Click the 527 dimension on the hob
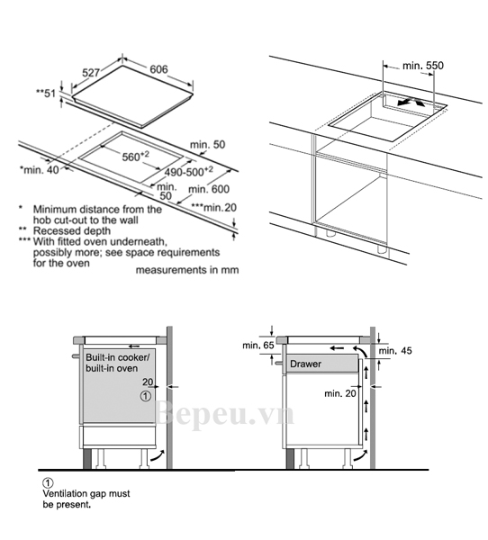point(91,73)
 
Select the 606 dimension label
point(158,69)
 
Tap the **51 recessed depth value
point(46,93)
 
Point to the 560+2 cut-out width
point(136,157)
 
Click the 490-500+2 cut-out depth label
point(189,172)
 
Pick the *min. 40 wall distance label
point(40,169)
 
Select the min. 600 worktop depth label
point(209,189)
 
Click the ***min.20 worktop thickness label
point(214,208)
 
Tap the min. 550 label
point(423,66)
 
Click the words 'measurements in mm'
point(187,270)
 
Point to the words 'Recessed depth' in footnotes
point(72,230)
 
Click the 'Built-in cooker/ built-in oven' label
point(118,363)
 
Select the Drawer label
point(306,364)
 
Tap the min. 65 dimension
point(258,345)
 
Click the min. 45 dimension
point(395,351)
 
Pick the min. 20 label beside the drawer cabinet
point(340,393)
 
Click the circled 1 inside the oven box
point(146,396)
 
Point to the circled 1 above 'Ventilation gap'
point(48,482)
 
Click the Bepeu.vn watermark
point(224,415)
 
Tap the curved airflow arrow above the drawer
point(362,350)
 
